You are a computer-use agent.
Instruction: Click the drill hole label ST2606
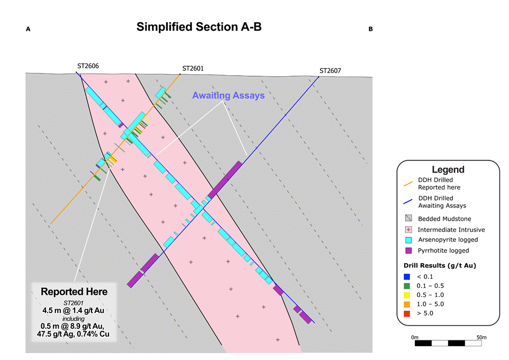(x=88, y=66)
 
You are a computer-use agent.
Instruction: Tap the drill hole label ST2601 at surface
(x=193, y=68)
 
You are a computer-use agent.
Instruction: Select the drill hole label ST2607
(x=330, y=70)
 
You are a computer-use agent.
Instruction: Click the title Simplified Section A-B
(x=199, y=26)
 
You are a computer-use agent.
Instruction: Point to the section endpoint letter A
(x=28, y=29)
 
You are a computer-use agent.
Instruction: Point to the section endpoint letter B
(x=370, y=29)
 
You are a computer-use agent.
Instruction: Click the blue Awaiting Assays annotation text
(x=229, y=95)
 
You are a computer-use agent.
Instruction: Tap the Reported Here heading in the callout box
(x=74, y=292)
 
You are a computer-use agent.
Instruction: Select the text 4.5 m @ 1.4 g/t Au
(x=74, y=310)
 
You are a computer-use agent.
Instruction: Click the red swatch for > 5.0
(x=407, y=313)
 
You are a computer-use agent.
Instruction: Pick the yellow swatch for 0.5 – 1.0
(x=407, y=295)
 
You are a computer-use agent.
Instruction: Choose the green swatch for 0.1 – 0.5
(x=407, y=286)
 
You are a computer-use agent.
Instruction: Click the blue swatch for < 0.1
(x=407, y=277)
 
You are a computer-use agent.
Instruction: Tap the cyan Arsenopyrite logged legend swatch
(x=408, y=240)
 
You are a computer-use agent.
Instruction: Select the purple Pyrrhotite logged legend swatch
(x=408, y=250)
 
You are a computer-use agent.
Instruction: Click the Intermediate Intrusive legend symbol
(x=408, y=230)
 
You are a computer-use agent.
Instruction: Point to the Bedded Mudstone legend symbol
(x=408, y=218)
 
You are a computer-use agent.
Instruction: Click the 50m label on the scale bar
(x=481, y=337)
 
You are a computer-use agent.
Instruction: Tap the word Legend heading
(x=448, y=169)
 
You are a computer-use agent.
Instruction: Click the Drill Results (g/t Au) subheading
(x=440, y=265)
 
